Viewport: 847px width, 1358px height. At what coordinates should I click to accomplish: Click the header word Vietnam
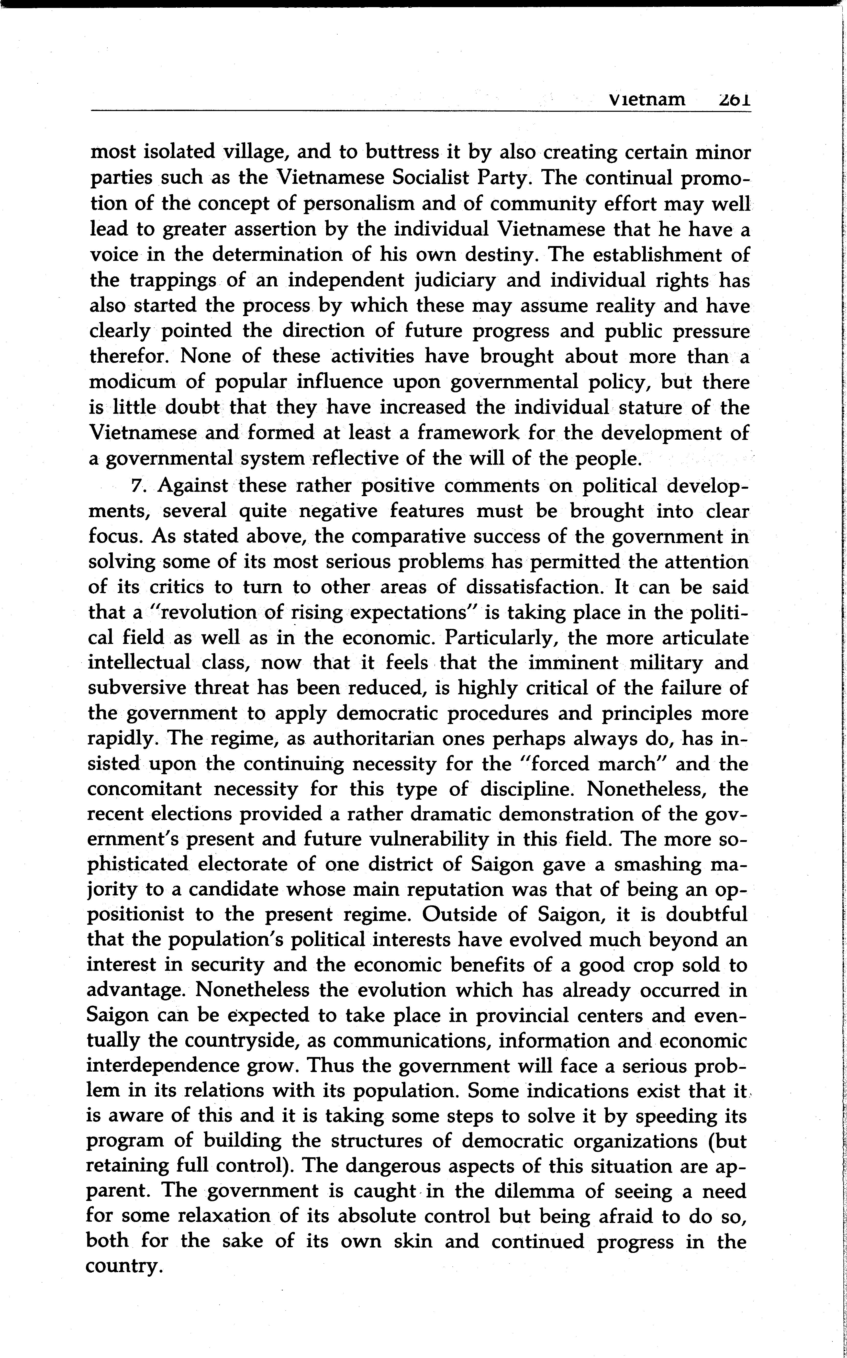pyautogui.click(x=647, y=100)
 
